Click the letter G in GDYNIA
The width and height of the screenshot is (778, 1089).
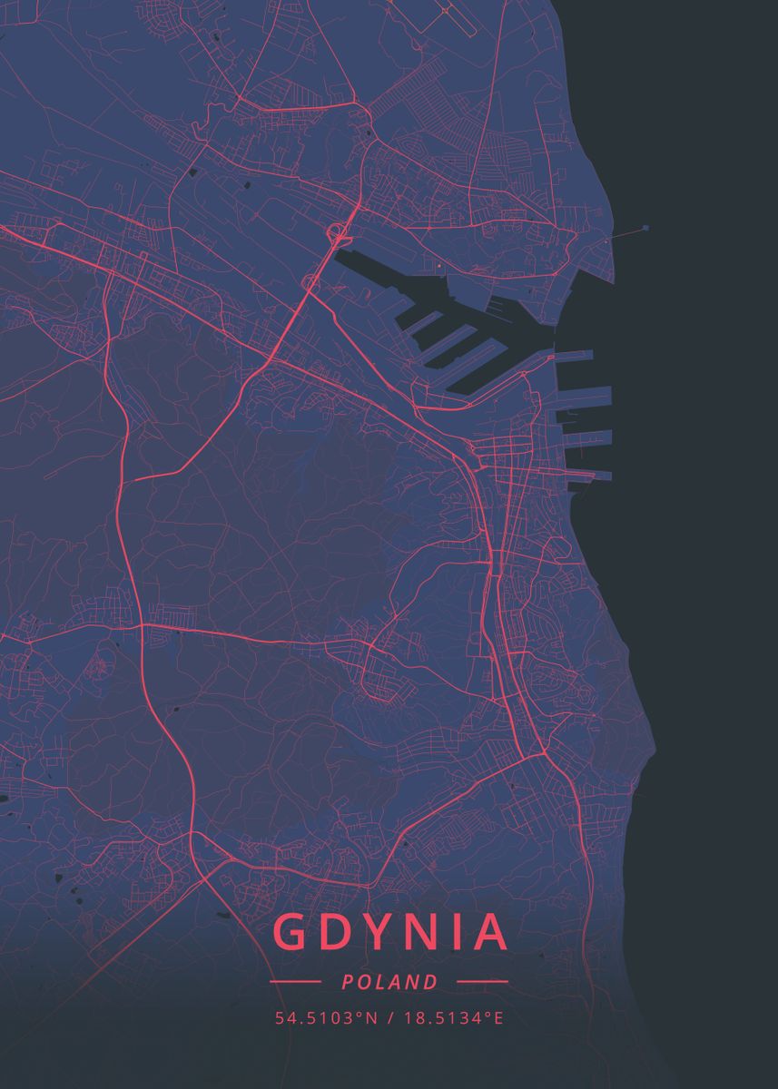[291, 932]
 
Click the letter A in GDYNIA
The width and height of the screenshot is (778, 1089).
[490, 932]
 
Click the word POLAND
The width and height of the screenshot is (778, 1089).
[389, 982]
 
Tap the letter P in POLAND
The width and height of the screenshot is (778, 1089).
[349, 982]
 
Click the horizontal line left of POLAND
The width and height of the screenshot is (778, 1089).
[295, 982]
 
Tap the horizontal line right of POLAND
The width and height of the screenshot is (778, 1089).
[482, 982]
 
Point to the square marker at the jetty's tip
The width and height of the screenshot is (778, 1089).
[645, 228]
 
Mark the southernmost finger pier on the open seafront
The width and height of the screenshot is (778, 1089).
[590, 474]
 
